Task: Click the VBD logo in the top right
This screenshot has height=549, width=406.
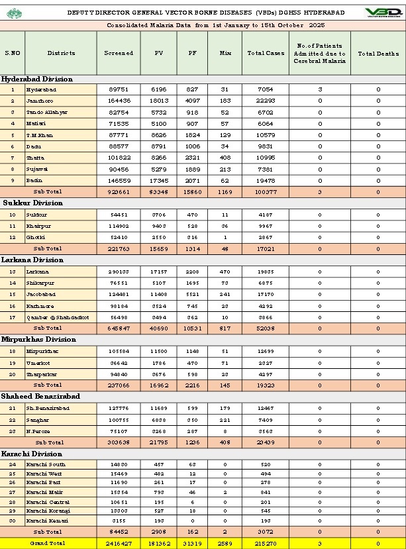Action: [x=383, y=13]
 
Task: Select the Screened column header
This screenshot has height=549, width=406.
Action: [x=119, y=53]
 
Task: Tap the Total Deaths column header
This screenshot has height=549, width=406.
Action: [x=378, y=53]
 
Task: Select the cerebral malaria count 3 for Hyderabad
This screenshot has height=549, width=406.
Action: [x=319, y=89]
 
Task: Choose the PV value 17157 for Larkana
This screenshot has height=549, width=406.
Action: [x=158, y=272]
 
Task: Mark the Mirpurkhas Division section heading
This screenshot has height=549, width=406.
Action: [x=39, y=339]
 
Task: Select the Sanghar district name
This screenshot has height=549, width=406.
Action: [x=37, y=419]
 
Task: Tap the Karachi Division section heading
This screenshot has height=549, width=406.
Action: [x=32, y=454]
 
